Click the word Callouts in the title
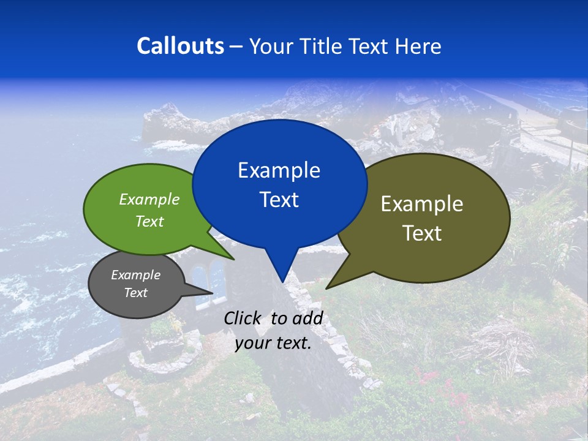click(180, 46)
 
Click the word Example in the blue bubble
click(279, 170)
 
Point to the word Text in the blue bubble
click(279, 200)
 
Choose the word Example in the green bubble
click(149, 200)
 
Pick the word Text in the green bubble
click(149, 221)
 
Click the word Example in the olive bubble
click(422, 204)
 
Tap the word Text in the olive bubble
click(422, 233)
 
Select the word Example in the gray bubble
click(135, 275)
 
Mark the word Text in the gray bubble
click(135, 293)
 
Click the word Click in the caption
click(243, 318)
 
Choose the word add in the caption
click(307, 318)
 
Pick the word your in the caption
click(252, 343)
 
